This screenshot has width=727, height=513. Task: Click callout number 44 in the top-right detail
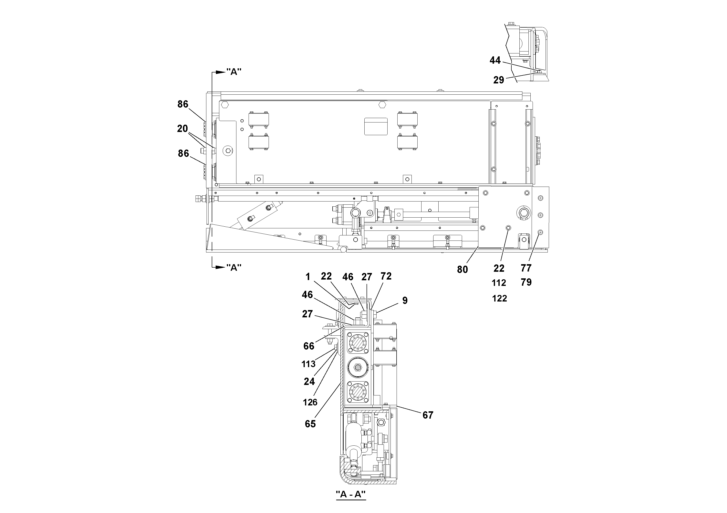click(x=495, y=60)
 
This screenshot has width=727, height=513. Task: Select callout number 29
click(x=498, y=80)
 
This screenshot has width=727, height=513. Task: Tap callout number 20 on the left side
click(x=182, y=129)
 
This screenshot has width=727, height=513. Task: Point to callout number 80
click(x=462, y=270)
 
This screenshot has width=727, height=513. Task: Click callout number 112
click(x=499, y=283)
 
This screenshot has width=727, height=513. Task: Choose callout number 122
click(x=499, y=299)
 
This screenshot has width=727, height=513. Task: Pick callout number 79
click(x=526, y=282)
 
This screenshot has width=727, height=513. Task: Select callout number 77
click(x=526, y=268)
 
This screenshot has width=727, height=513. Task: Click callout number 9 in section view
click(x=405, y=301)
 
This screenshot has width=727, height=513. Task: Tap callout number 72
click(x=386, y=276)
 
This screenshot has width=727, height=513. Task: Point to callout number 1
click(x=308, y=277)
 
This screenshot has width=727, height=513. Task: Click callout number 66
click(x=309, y=346)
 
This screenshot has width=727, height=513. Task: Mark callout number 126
click(x=310, y=402)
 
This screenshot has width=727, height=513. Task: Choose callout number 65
click(x=310, y=424)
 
